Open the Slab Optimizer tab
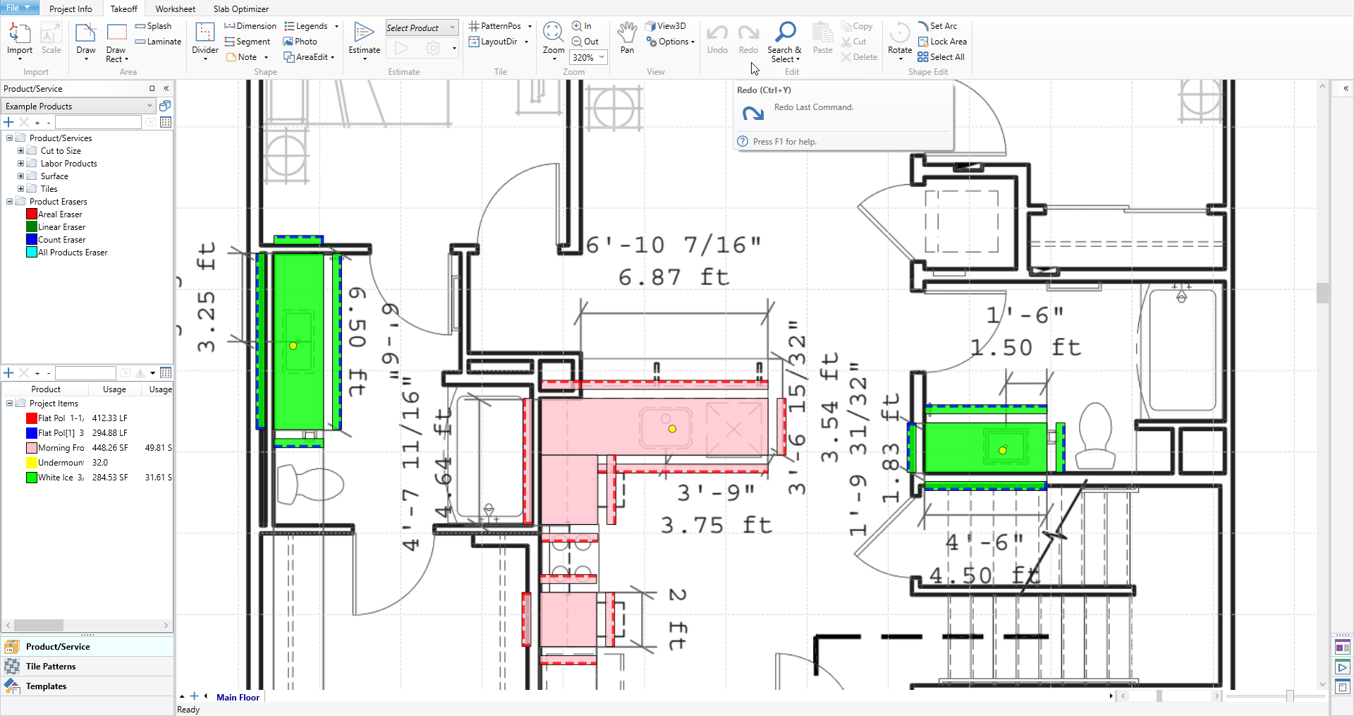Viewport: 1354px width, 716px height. point(240,9)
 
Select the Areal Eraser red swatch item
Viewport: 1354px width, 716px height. point(32,214)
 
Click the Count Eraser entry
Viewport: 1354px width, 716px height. point(61,240)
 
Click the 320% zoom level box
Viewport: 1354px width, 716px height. point(584,58)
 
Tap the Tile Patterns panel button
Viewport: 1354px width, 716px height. point(51,667)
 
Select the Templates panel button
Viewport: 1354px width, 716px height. point(46,686)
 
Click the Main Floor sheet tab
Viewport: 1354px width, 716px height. point(238,698)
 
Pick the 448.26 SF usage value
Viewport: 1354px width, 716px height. point(110,448)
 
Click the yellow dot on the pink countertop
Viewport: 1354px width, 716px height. point(672,429)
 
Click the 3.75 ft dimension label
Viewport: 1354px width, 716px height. point(716,526)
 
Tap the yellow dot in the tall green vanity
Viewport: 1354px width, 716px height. point(293,346)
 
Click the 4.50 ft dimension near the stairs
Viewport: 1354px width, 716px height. point(984,576)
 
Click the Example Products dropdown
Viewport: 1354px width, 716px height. point(78,107)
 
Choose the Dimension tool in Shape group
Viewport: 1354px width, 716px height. point(250,26)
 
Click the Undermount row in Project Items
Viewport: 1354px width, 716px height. point(61,463)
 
